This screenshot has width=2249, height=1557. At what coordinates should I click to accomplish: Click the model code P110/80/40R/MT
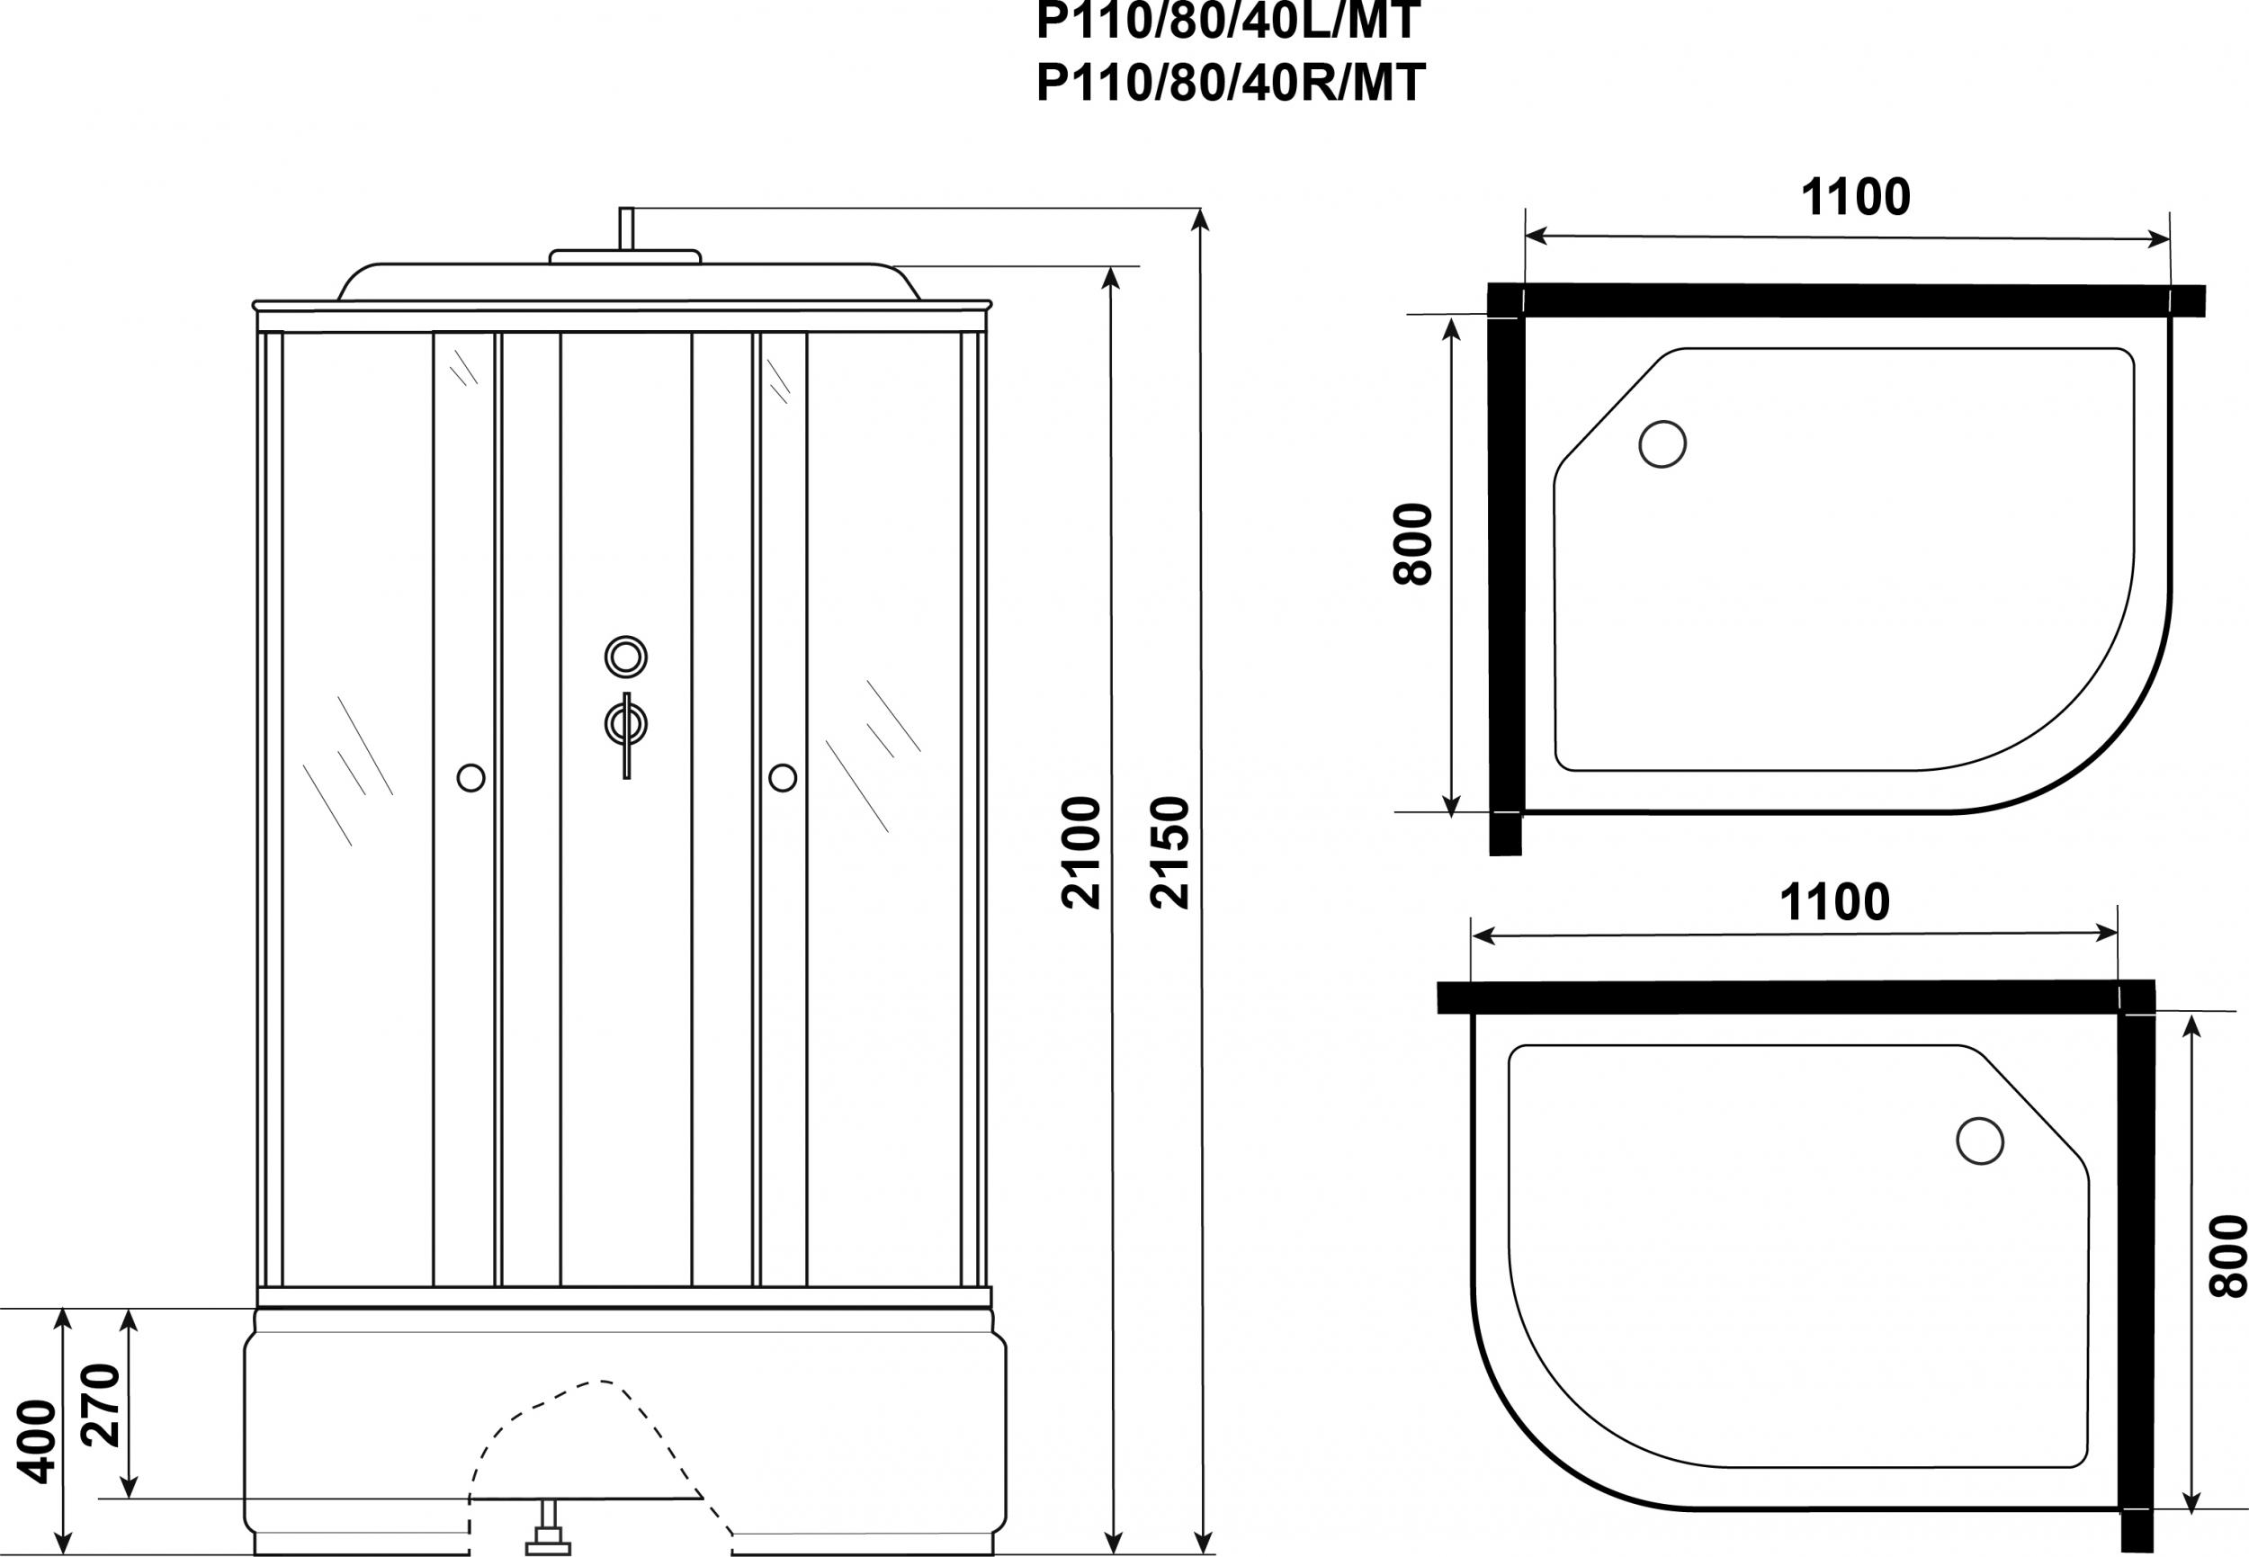point(1231,83)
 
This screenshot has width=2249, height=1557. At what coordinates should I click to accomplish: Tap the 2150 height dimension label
point(1169,853)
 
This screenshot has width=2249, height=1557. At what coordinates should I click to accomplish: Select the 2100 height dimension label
point(1081,853)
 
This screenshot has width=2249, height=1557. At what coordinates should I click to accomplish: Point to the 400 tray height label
point(39,1442)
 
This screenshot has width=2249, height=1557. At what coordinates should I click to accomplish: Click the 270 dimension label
point(102,1406)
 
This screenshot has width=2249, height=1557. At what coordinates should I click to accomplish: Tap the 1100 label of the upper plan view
point(1855,198)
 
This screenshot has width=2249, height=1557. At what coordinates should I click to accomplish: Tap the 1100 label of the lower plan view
point(1834,902)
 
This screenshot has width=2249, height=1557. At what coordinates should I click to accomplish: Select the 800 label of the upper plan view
point(1412,543)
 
